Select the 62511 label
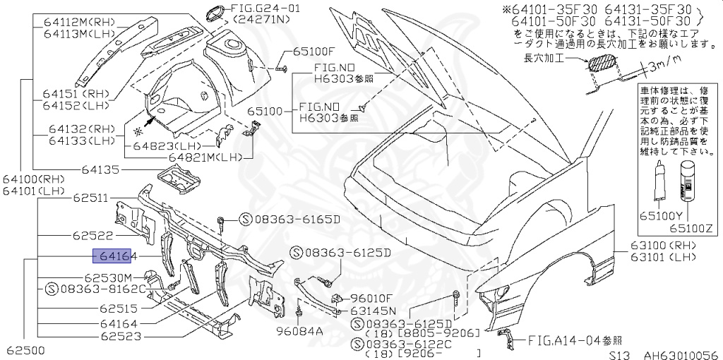click(90, 199)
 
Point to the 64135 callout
click(100, 169)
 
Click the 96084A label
click(299, 330)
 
